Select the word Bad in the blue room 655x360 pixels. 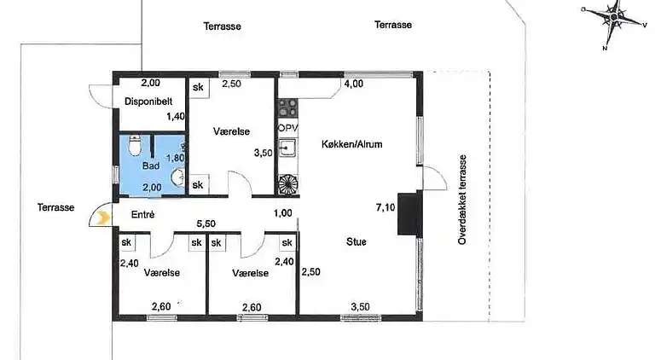(x=150, y=166)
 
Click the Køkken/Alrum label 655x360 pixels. (x=351, y=144)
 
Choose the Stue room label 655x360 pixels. (x=356, y=242)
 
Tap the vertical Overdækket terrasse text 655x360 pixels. (x=461, y=200)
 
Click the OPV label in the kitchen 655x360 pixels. (x=287, y=128)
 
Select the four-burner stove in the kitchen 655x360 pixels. (x=287, y=107)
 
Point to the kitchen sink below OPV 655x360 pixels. (x=287, y=148)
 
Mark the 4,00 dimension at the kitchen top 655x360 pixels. (x=353, y=84)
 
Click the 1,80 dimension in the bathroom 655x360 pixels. (x=175, y=158)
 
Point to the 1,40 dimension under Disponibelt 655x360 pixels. (x=175, y=116)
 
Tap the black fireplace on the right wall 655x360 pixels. (x=412, y=212)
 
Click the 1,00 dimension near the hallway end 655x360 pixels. (x=283, y=213)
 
